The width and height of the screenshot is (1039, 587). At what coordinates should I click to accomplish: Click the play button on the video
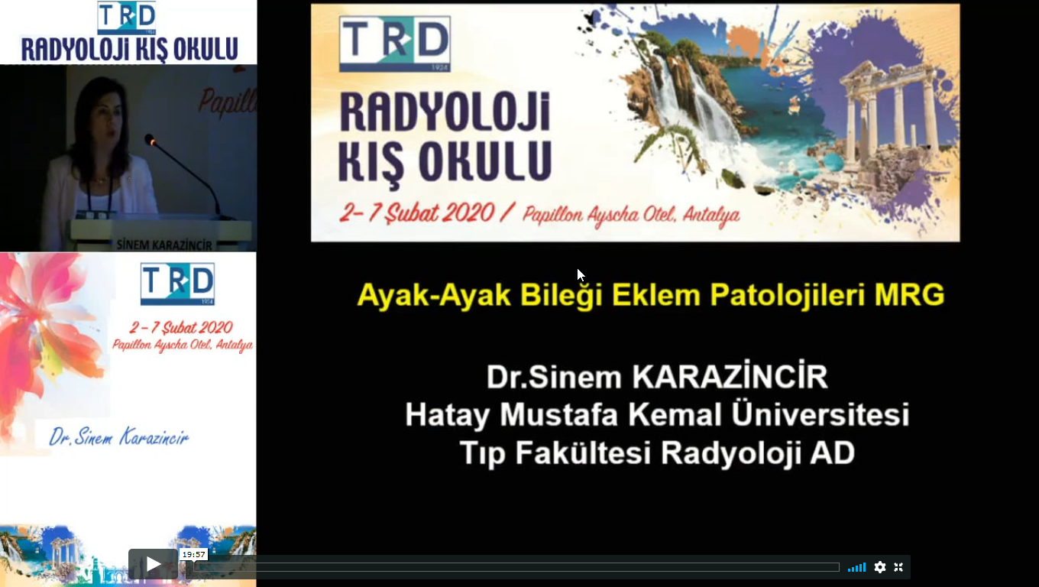pyautogui.click(x=153, y=564)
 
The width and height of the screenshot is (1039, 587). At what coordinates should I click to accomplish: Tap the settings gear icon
pyautogui.click(x=879, y=567)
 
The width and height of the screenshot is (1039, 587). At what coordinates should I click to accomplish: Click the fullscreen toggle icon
pyautogui.click(x=898, y=567)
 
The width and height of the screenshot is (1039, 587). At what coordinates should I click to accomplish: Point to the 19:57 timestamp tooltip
pyautogui.click(x=193, y=555)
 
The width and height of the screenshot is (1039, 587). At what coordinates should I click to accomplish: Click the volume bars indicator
pyautogui.click(x=856, y=567)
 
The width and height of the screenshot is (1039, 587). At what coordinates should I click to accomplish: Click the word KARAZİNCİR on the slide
pyautogui.click(x=730, y=376)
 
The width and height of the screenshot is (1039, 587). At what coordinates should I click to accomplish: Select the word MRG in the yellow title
pyautogui.click(x=909, y=295)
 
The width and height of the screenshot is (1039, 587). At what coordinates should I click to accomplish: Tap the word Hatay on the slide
pyautogui.click(x=447, y=414)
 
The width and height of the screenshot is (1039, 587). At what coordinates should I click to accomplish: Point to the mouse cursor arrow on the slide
pyautogui.click(x=581, y=274)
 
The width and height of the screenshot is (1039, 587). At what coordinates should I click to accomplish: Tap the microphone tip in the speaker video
pyautogui.click(x=150, y=139)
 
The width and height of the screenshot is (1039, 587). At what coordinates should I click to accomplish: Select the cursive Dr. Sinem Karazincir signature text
pyautogui.click(x=119, y=436)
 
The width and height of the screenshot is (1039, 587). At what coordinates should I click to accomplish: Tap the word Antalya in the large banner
pyautogui.click(x=711, y=216)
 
